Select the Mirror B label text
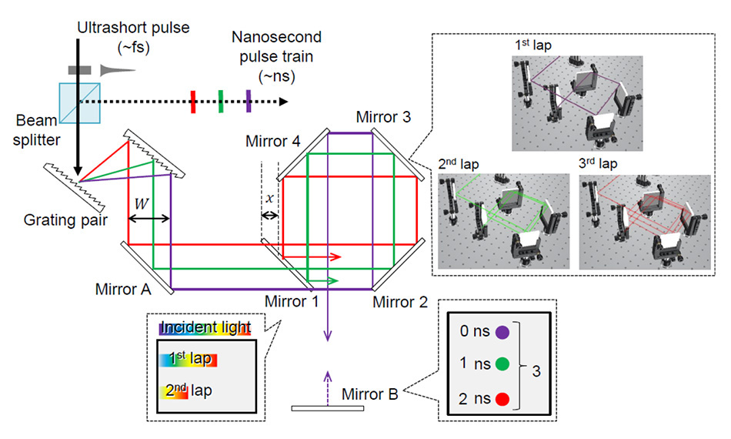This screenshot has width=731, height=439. (371, 395)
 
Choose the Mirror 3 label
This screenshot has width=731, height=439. (382, 117)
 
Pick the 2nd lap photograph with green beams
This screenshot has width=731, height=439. (503, 222)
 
